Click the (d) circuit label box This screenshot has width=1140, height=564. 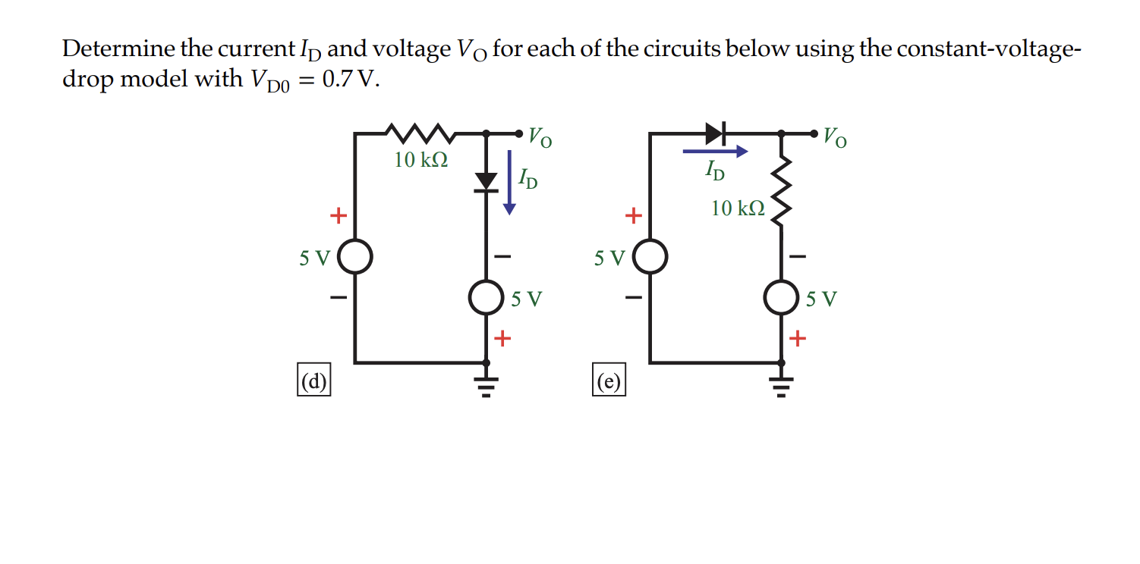(x=313, y=381)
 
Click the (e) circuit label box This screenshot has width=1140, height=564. (x=609, y=381)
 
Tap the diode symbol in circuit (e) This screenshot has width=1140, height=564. (x=716, y=133)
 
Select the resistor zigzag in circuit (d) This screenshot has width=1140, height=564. (x=420, y=134)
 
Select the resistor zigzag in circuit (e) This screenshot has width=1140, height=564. (x=782, y=191)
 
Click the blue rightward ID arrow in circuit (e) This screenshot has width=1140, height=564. (x=715, y=152)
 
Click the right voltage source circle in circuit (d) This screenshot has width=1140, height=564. (x=486, y=298)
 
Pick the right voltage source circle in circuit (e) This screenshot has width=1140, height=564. (x=782, y=298)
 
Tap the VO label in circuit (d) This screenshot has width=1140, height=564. (x=540, y=137)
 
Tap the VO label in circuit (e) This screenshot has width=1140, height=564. (x=836, y=137)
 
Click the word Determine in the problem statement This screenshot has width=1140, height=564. (x=118, y=50)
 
